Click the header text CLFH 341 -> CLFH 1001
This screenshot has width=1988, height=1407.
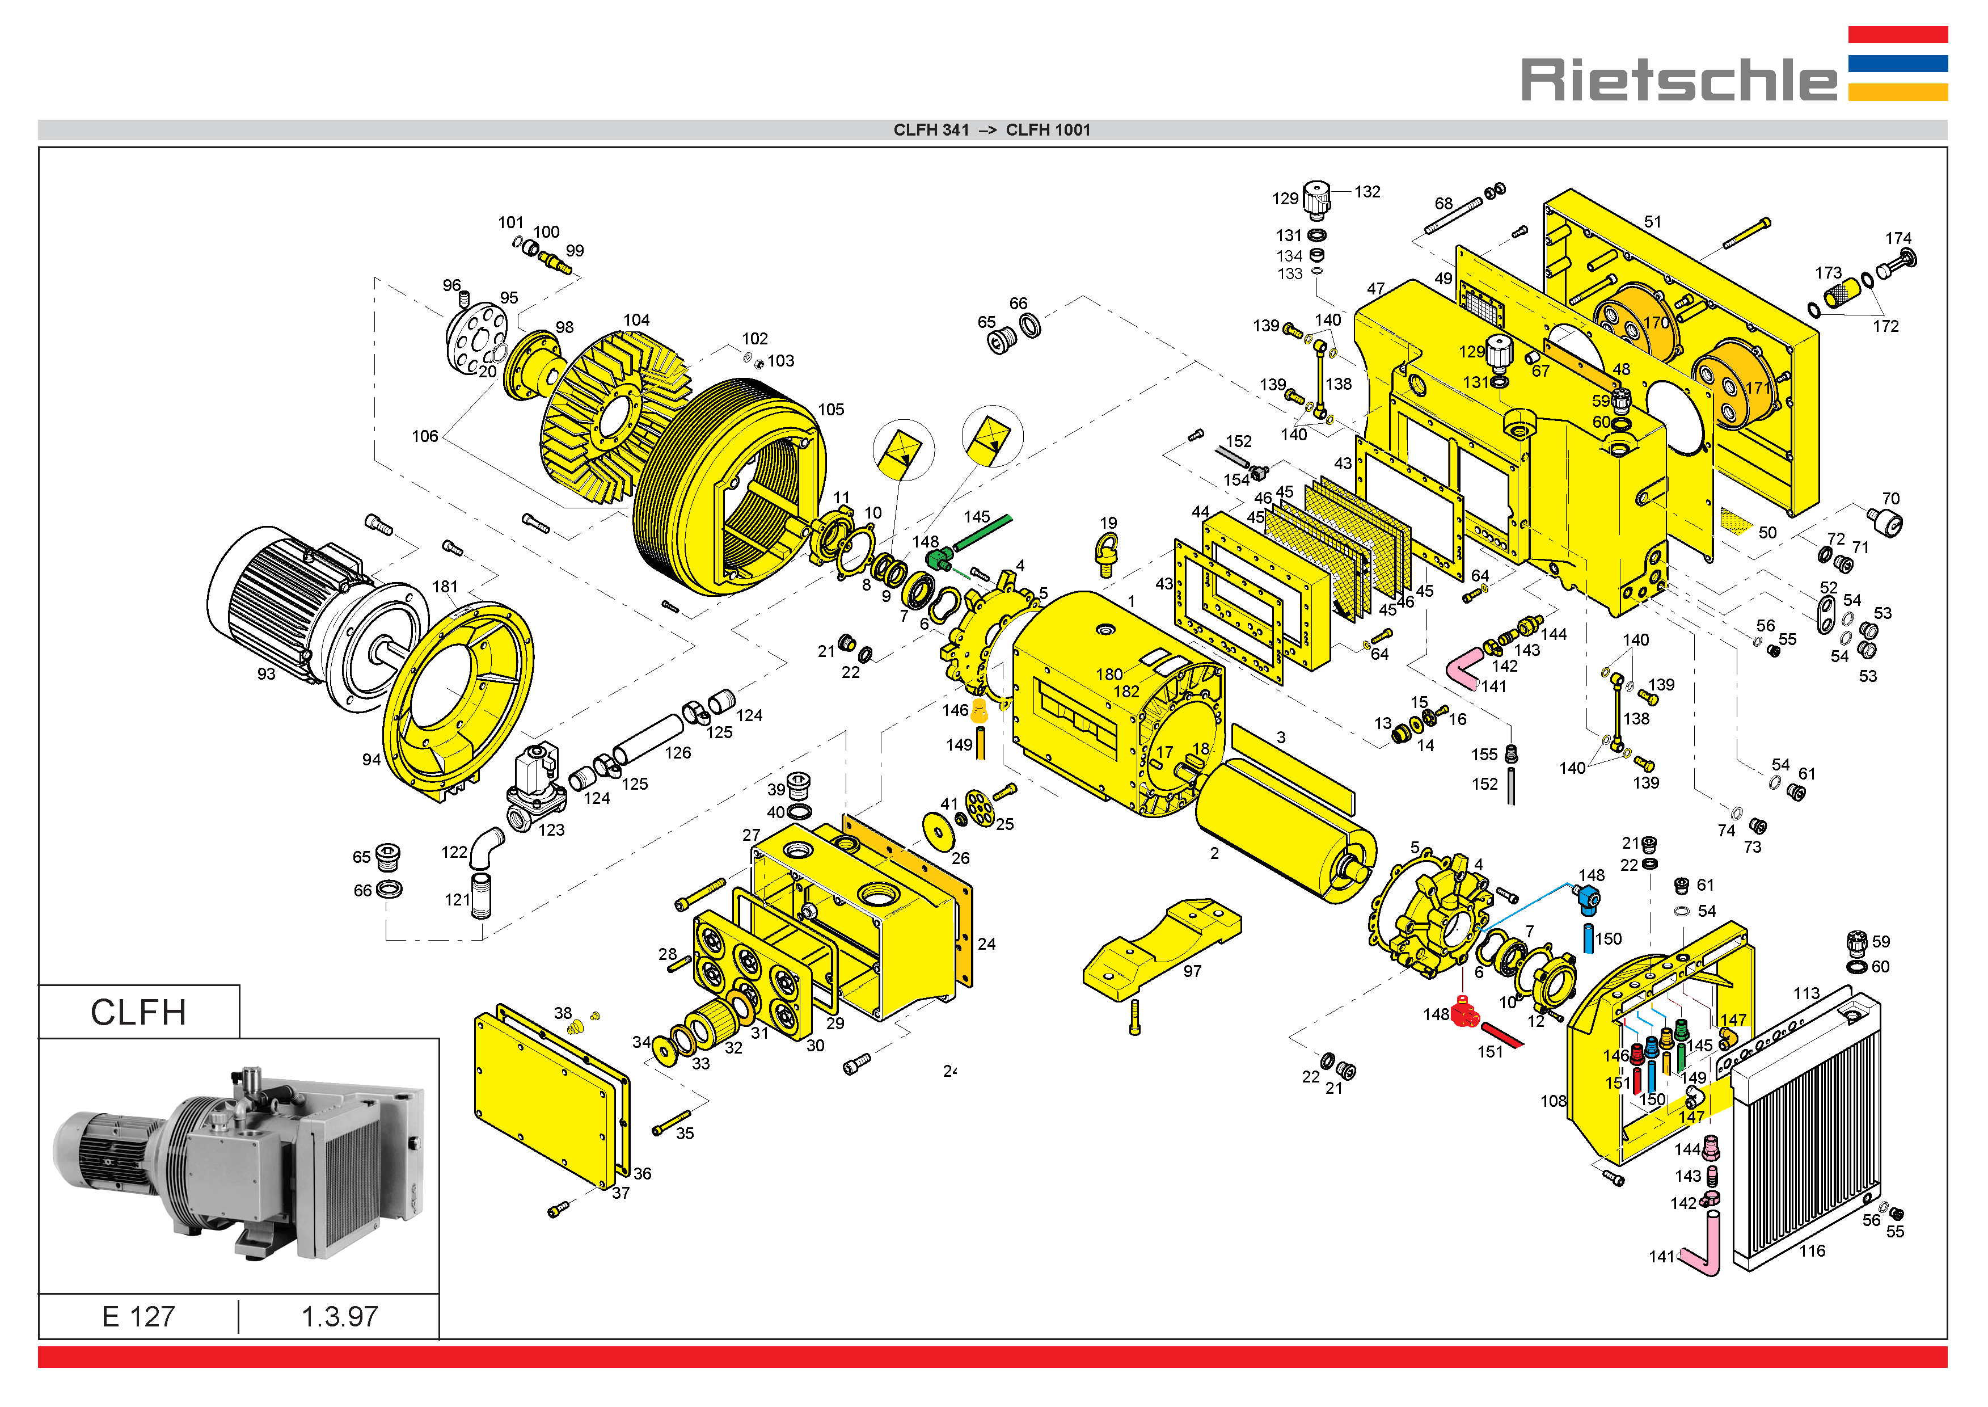click(992, 130)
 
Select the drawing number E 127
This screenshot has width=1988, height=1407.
click(138, 1317)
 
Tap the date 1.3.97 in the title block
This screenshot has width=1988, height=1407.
click(340, 1317)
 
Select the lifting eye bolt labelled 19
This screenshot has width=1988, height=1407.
click(1107, 554)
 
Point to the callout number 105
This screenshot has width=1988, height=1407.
click(831, 410)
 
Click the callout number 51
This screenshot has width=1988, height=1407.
click(1653, 222)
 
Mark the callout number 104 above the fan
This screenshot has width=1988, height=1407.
click(637, 319)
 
